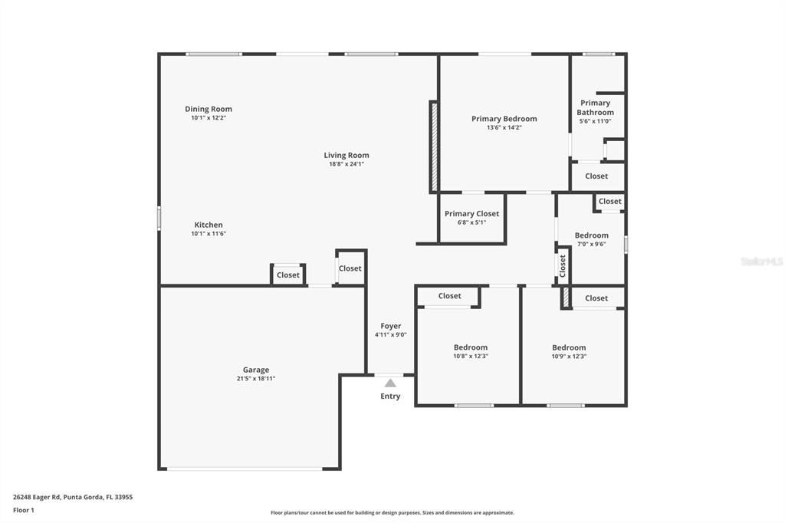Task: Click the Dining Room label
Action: [x=208, y=109]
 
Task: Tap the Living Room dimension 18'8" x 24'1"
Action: [x=346, y=164]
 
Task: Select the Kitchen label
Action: [x=208, y=225]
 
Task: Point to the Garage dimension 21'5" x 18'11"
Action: [x=255, y=379]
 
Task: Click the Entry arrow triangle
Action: [x=390, y=383]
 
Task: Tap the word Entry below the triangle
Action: [x=390, y=396]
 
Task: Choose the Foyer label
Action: [x=390, y=326]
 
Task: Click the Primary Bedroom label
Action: [x=504, y=119]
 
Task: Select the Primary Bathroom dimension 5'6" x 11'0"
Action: [x=595, y=121]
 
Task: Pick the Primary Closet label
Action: [x=471, y=214]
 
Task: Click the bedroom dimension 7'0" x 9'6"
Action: [x=591, y=245]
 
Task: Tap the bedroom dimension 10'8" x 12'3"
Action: [x=470, y=357]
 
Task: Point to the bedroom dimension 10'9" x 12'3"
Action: [x=569, y=357]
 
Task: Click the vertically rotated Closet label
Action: [x=563, y=266]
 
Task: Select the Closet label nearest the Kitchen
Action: [x=288, y=275]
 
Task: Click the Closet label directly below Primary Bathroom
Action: [x=596, y=176]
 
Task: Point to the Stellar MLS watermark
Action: [x=761, y=261]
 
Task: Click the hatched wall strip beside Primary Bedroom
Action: [x=434, y=147]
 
